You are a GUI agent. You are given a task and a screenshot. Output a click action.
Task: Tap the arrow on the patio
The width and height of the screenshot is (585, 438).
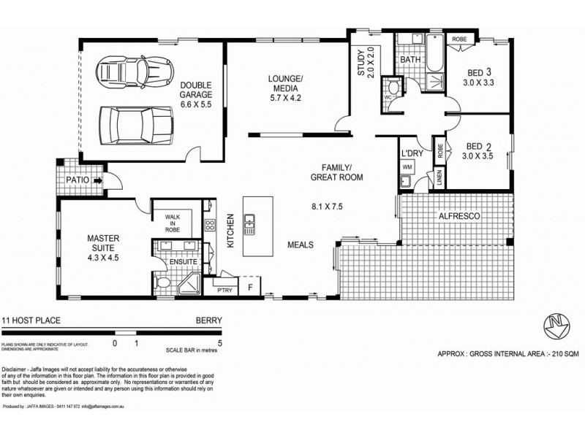click(97, 177)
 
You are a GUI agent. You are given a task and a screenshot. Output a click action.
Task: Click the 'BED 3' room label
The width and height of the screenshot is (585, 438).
click(478, 78)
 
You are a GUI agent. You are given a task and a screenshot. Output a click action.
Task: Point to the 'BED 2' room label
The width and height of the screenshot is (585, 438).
click(478, 150)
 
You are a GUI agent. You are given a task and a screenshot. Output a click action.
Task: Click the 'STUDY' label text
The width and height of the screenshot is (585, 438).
click(360, 62)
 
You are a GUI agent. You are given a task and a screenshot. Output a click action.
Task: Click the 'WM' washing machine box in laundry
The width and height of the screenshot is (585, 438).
click(407, 167)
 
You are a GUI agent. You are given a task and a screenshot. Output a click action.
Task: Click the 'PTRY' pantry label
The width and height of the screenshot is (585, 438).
click(224, 290)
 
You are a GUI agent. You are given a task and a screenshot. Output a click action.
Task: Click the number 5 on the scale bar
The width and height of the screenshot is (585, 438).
click(220, 342)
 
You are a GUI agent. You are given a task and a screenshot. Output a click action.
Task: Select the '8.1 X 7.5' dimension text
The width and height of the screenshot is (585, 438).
click(327, 207)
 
